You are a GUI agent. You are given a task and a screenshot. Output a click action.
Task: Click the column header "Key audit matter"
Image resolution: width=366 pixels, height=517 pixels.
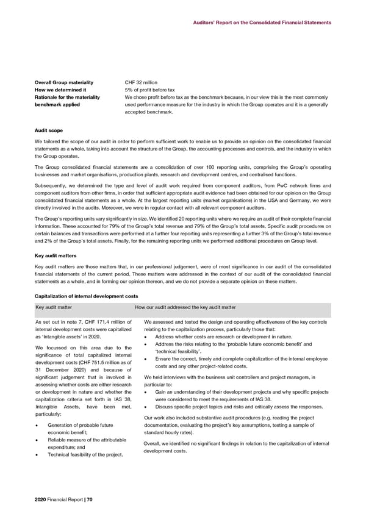54,307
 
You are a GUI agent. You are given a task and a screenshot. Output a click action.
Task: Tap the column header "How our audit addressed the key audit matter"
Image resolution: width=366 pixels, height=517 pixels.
185,307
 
